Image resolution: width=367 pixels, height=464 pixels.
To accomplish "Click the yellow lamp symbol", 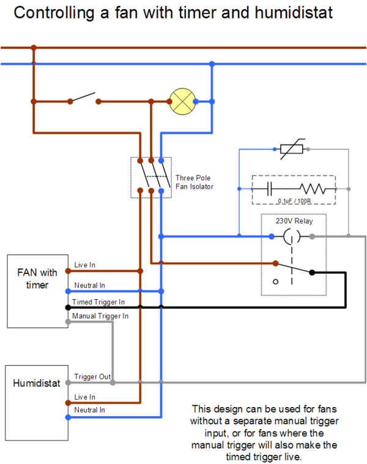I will click(x=180, y=101).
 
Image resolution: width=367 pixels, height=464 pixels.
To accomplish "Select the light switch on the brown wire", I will click(x=83, y=99).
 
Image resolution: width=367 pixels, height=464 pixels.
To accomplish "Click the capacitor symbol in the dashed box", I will click(x=270, y=189).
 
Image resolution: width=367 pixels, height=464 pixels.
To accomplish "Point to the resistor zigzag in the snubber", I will click(x=312, y=189).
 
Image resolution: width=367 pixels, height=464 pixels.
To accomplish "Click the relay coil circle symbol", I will click(x=292, y=236).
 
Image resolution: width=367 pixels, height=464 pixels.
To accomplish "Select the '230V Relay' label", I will click(x=293, y=222).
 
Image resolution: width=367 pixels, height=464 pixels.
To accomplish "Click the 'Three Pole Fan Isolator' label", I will click(x=195, y=182).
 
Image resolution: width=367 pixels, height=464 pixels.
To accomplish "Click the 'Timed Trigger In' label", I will click(x=98, y=302).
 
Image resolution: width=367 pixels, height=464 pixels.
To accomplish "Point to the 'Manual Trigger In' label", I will click(x=100, y=316).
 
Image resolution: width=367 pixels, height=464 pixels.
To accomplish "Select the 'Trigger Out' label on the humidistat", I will click(x=92, y=376).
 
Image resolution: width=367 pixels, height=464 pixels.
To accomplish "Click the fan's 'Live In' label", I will click(x=85, y=265).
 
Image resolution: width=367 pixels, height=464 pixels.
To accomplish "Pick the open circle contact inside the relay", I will click(x=275, y=282).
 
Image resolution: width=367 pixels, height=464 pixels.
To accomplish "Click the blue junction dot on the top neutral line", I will click(x=212, y=64).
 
